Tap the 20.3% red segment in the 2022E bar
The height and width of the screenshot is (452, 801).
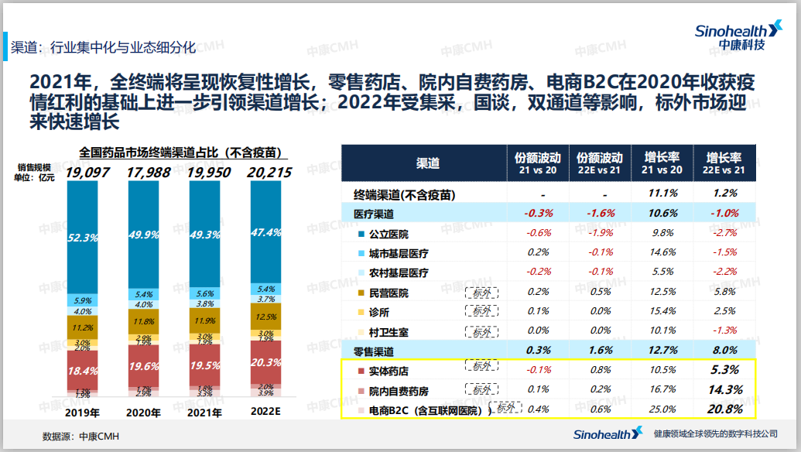point(265,361)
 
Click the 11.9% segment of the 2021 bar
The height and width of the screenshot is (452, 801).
point(204,320)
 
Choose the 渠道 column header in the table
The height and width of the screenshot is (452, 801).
point(427,163)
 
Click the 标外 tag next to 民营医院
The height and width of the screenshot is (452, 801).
point(481,293)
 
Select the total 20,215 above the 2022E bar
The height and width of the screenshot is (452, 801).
point(265,172)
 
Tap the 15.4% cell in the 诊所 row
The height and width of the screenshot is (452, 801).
point(662,311)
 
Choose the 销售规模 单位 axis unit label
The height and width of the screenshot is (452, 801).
point(35,172)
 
